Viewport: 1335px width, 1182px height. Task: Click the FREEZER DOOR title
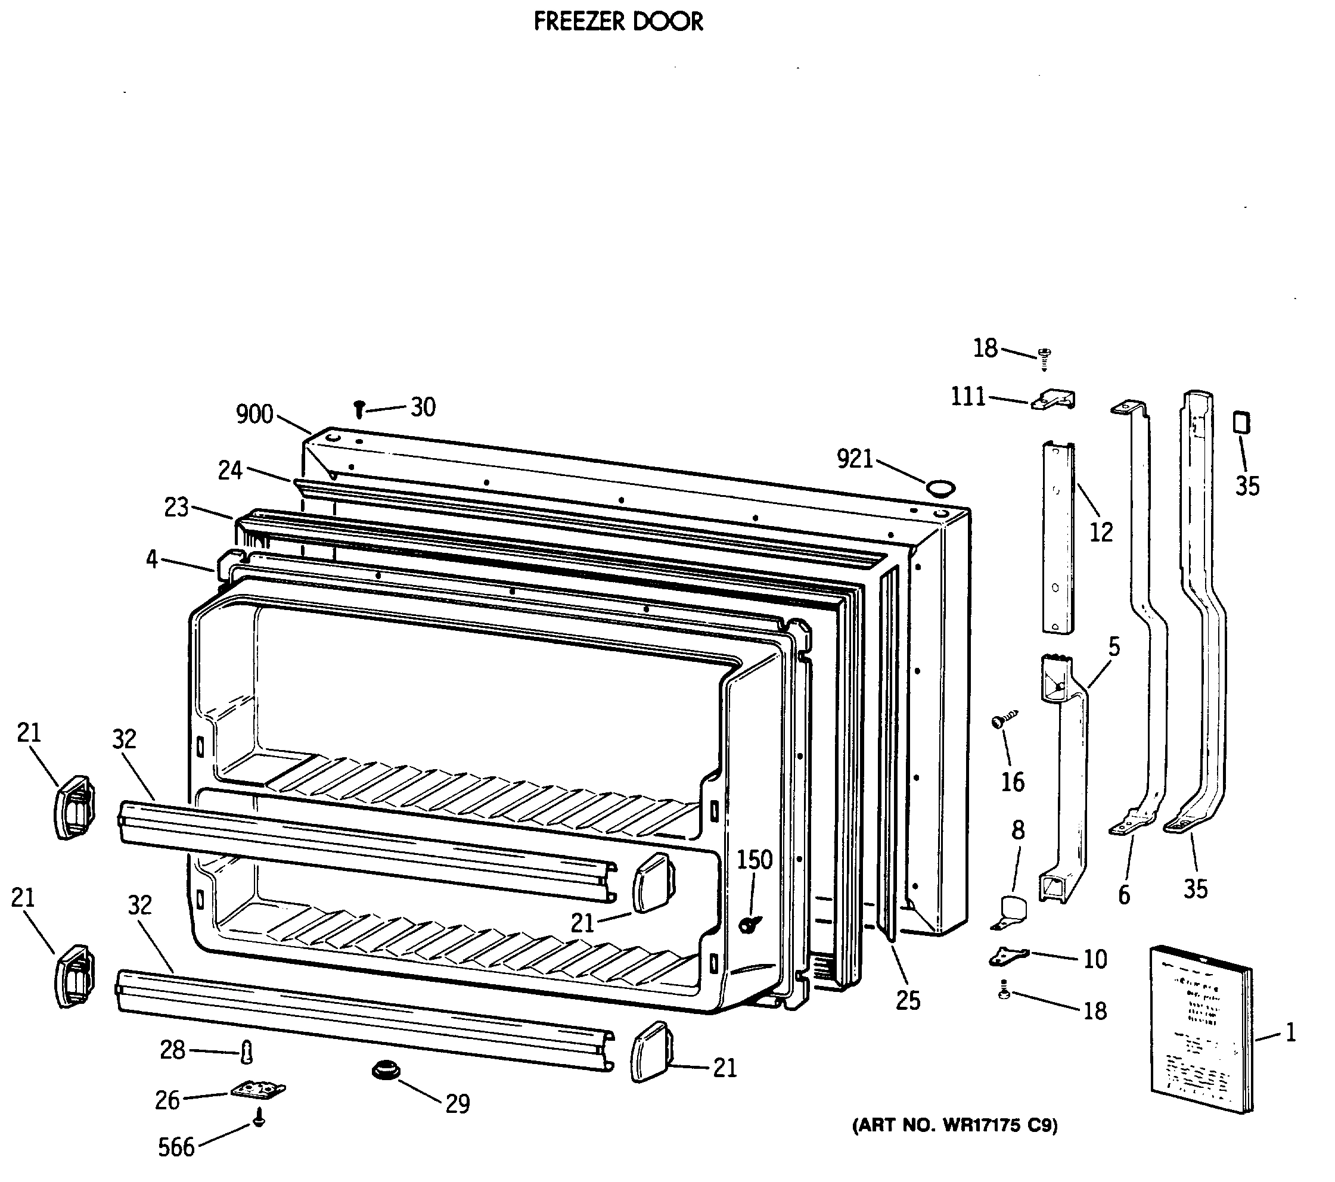click(x=618, y=22)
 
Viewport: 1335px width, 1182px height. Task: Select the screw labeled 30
click(x=359, y=409)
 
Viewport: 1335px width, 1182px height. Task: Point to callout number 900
click(x=254, y=414)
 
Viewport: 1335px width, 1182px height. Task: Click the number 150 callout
click(x=755, y=860)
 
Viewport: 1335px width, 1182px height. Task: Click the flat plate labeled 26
click(x=258, y=1090)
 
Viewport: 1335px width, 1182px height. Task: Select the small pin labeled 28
click(x=247, y=1052)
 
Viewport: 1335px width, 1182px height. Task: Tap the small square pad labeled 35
click(x=1240, y=422)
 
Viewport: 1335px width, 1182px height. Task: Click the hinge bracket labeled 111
click(x=1053, y=400)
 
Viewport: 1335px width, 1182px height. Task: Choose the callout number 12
click(x=1101, y=532)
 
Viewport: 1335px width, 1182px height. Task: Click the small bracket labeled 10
click(x=1008, y=957)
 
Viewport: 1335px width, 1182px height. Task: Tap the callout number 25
click(x=907, y=1000)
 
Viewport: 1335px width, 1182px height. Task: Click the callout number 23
click(x=176, y=508)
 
